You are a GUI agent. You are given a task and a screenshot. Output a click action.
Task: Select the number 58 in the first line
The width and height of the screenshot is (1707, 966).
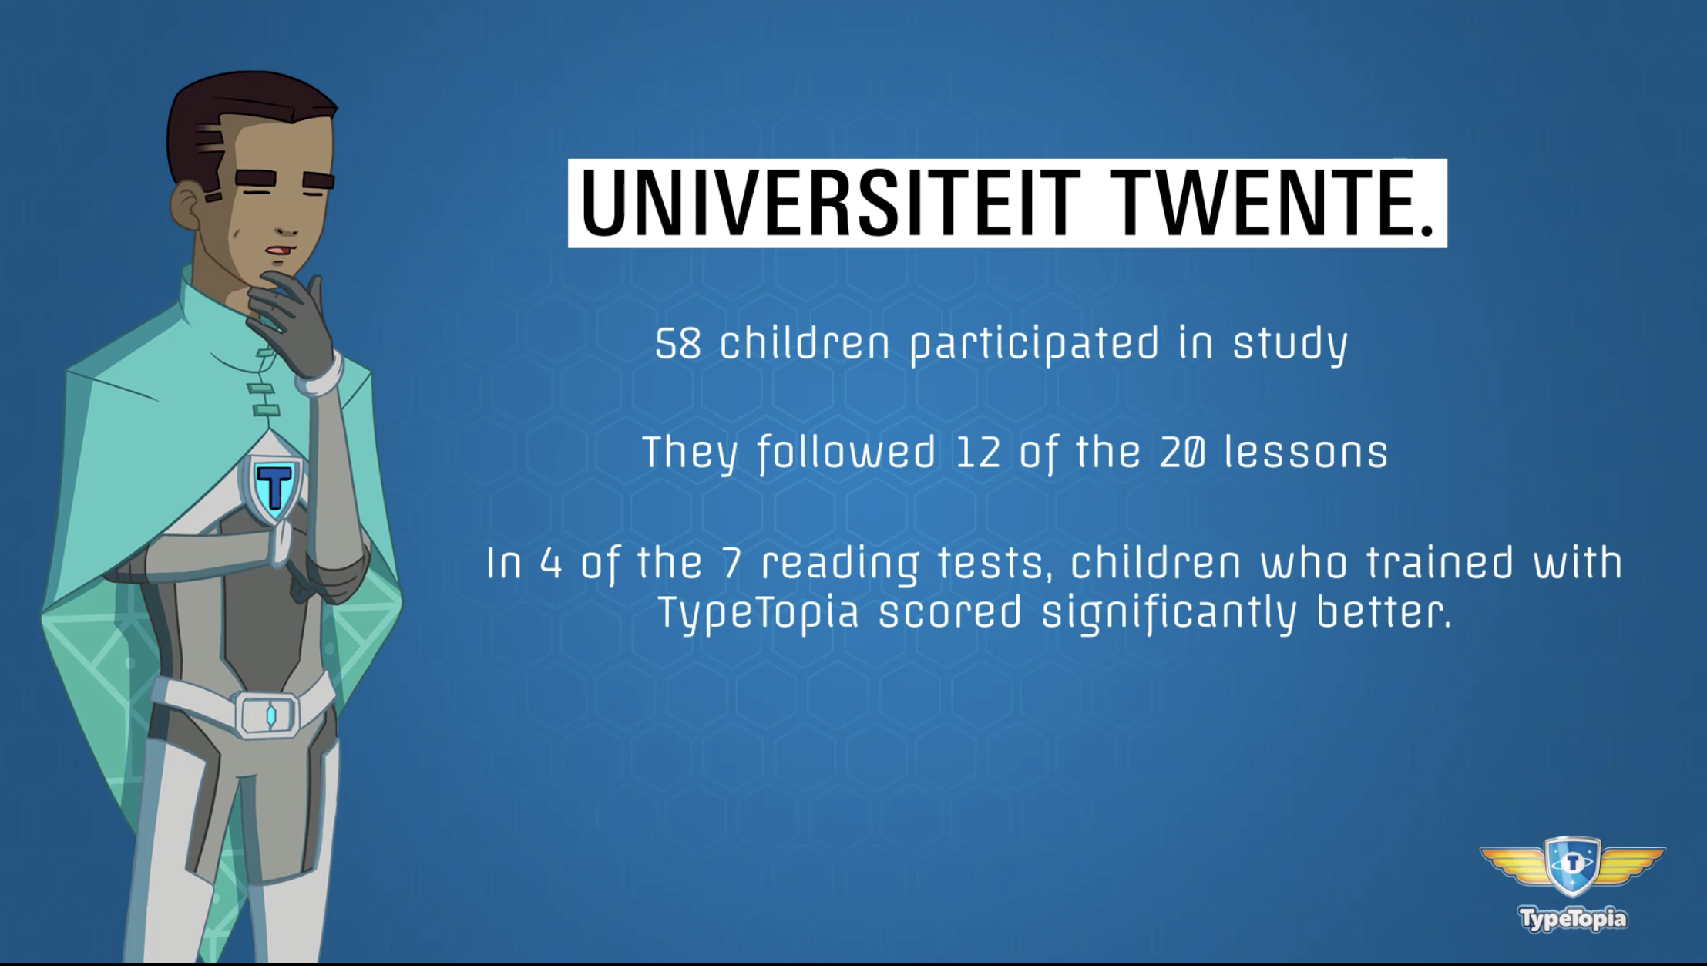(678, 344)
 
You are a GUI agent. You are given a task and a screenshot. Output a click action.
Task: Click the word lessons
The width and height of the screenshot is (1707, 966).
(1305, 452)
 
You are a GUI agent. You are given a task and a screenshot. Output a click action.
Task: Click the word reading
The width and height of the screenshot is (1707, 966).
(840, 566)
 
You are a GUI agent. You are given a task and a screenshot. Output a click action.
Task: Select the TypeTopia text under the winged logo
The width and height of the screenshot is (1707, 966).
(1573, 918)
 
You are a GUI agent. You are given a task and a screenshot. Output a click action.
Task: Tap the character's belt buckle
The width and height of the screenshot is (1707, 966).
(267, 714)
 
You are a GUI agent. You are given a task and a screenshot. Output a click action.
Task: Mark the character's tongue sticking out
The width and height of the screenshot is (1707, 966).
(285, 251)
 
